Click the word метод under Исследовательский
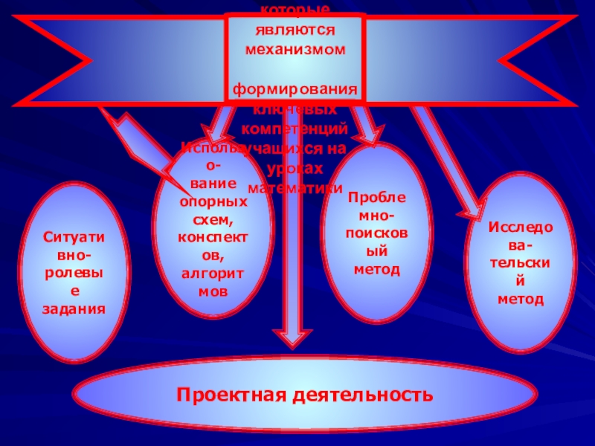(x=521, y=299)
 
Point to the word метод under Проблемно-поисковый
(x=376, y=268)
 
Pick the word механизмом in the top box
(x=296, y=50)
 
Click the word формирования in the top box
(x=296, y=90)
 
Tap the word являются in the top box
(x=296, y=32)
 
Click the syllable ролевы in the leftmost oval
(x=74, y=272)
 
